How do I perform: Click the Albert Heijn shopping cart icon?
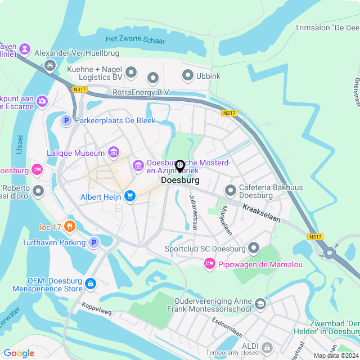pos(130,196)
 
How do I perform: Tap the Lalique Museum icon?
pos(114,152)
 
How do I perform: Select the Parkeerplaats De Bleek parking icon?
pos(66,120)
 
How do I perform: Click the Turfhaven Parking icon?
pos(94,242)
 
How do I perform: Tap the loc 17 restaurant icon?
pos(70,227)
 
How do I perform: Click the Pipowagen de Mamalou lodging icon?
pos(209,263)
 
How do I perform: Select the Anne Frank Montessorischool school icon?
pos(260,304)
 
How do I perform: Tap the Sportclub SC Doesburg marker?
pos(254,248)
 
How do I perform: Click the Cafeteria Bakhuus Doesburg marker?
pos(229,190)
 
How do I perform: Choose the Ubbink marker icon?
pos(187,75)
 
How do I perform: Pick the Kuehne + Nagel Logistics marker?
pos(131,72)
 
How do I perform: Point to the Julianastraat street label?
pos(193,213)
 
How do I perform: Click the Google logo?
pos(19,353)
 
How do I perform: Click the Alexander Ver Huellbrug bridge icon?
pos(50,66)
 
